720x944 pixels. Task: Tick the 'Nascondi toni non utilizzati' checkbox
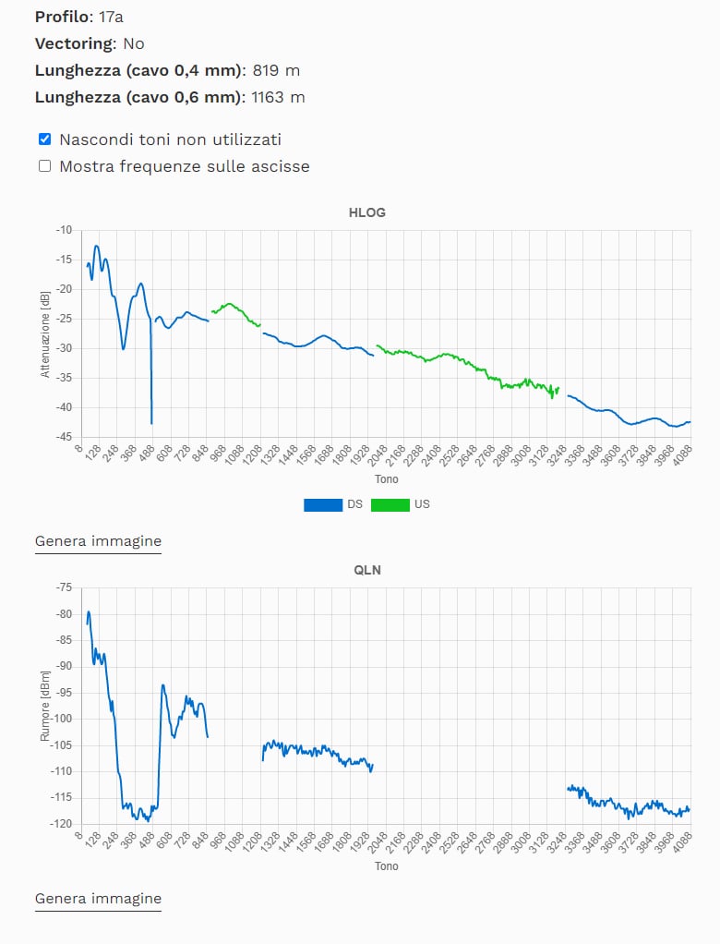[x=44, y=139]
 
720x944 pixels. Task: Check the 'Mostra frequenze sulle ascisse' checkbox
[x=44, y=166]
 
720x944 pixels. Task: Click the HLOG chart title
[x=366, y=212]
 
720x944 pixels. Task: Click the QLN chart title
[x=366, y=570]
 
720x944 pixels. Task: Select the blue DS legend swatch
[x=322, y=504]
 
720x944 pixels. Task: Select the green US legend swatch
[x=390, y=504]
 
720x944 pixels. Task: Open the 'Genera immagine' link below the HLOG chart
[x=98, y=541]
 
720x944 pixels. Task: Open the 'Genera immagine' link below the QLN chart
[x=98, y=899]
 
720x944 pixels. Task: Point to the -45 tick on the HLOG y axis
[x=64, y=437]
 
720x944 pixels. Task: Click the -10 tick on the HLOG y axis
[x=64, y=229]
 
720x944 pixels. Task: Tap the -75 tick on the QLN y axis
[x=64, y=587]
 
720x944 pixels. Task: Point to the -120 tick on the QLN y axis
[x=62, y=824]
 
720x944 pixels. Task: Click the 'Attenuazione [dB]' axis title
[x=44, y=333]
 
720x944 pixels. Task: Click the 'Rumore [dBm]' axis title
[x=44, y=705]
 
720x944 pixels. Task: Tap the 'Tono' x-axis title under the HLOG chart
[x=387, y=479]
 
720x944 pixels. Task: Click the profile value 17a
[x=110, y=17]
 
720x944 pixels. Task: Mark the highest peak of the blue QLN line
[x=89, y=611]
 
